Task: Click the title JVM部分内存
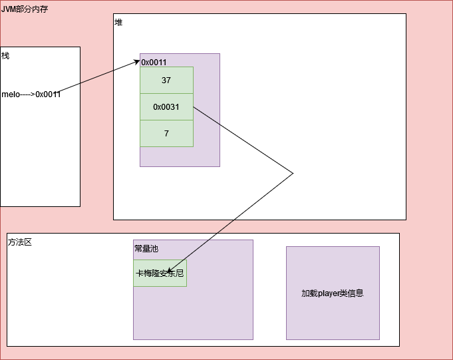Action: pos(25,9)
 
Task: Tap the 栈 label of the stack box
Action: pos(5,55)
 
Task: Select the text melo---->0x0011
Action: pos(31,94)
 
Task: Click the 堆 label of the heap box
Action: pos(118,22)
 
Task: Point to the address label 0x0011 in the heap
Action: pos(154,62)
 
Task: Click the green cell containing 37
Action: pos(166,80)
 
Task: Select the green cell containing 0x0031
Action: pos(166,106)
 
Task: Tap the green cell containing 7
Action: pos(166,133)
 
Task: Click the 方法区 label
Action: pos(20,242)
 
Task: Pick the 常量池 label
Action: pos(146,248)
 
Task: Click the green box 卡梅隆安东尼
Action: pos(160,273)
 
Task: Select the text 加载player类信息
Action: pos(333,293)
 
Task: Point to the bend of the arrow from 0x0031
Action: pos(293,174)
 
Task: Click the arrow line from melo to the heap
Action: pos(100,77)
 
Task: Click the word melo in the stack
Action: pos(10,94)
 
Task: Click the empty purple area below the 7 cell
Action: pos(180,156)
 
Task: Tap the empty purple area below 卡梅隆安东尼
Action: pos(193,313)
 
